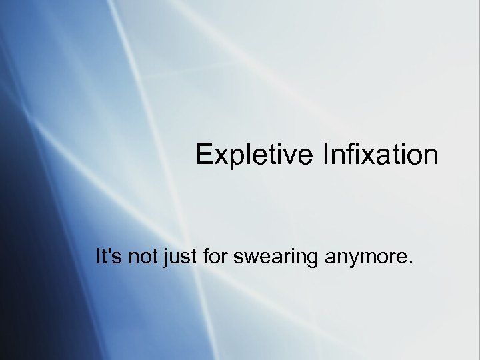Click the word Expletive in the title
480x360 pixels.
[x=254, y=155]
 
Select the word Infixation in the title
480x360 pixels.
[x=381, y=155]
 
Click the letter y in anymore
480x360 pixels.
[x=350, y=259]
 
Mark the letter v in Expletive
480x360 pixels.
[x=287, y=157]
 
